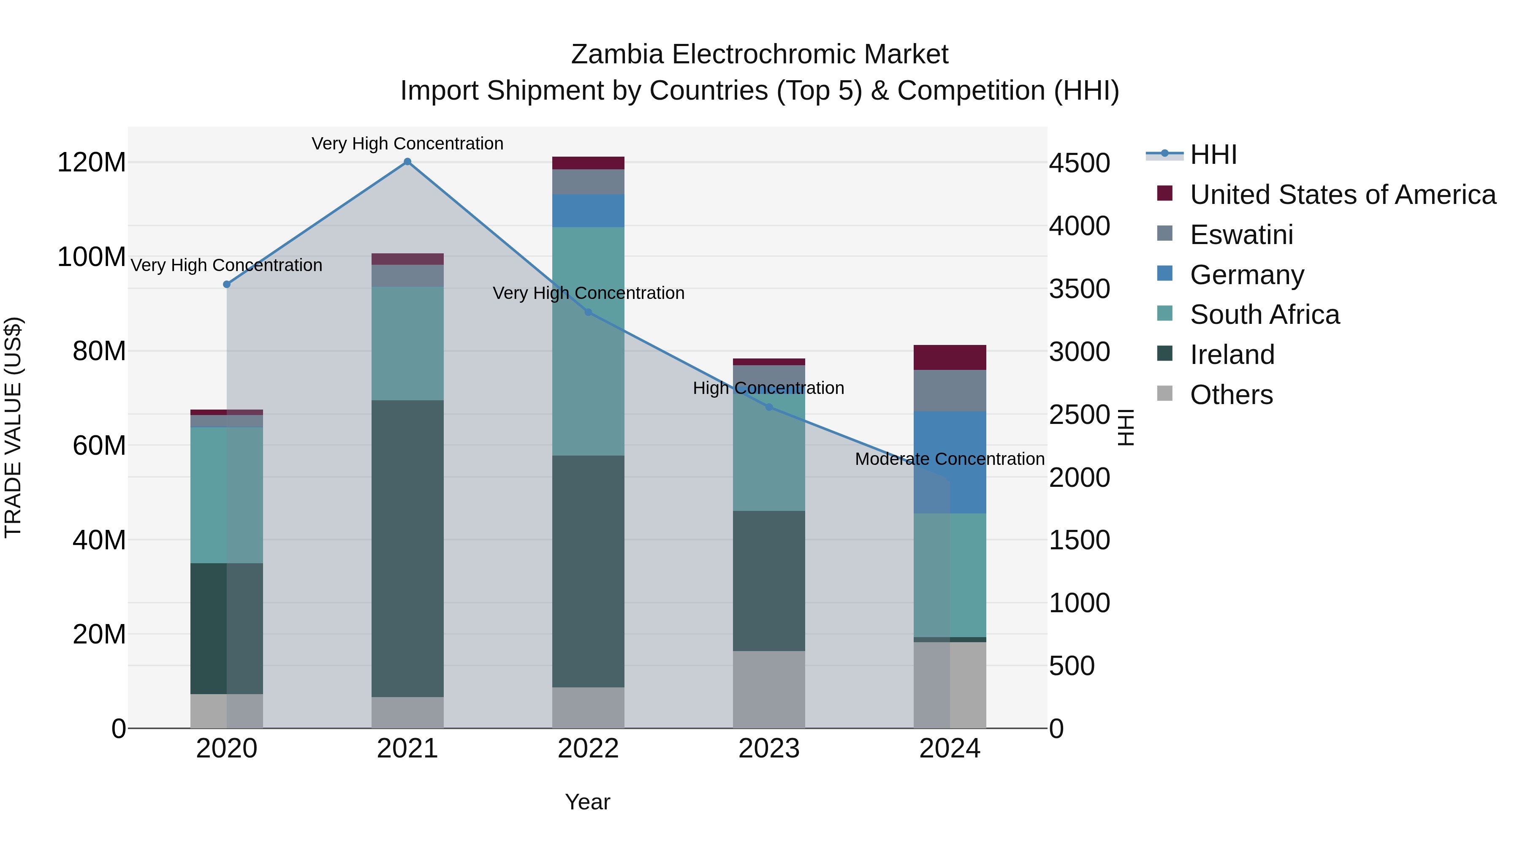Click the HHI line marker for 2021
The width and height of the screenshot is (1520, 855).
click(x=407, y=162)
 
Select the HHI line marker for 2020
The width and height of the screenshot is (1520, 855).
click(x=227, y=285)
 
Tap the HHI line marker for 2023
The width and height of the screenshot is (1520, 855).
click(x=769, y=407)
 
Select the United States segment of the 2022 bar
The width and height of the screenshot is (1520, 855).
click(x=588, y=163)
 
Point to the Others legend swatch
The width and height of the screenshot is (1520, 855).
click(x=1165, y=393)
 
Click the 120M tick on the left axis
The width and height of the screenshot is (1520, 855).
click(x=92, y=162)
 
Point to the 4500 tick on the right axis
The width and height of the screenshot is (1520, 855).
click(x=1079, y=163)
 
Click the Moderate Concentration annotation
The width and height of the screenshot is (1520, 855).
click(x=950, y=459)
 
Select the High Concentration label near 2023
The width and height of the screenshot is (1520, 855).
click(x=768, y=388)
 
